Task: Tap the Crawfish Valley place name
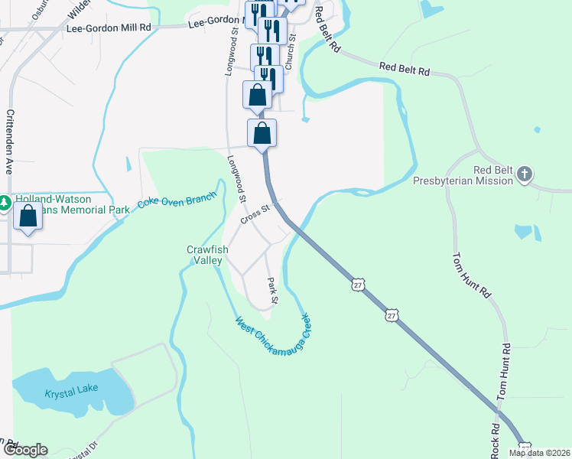[x=204, y=255]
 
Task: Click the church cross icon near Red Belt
[x=525, y=174]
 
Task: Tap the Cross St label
[x=255, y=213]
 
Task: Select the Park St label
[x=271, y=289]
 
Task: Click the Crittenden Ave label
[x=10, y=142]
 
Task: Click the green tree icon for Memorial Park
[x=5, y=203]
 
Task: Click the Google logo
[x=24, y=450]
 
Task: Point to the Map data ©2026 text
[x=539, y=453]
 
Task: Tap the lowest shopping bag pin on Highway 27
[x=262, y=132]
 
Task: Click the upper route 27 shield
[x=358, y=285]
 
